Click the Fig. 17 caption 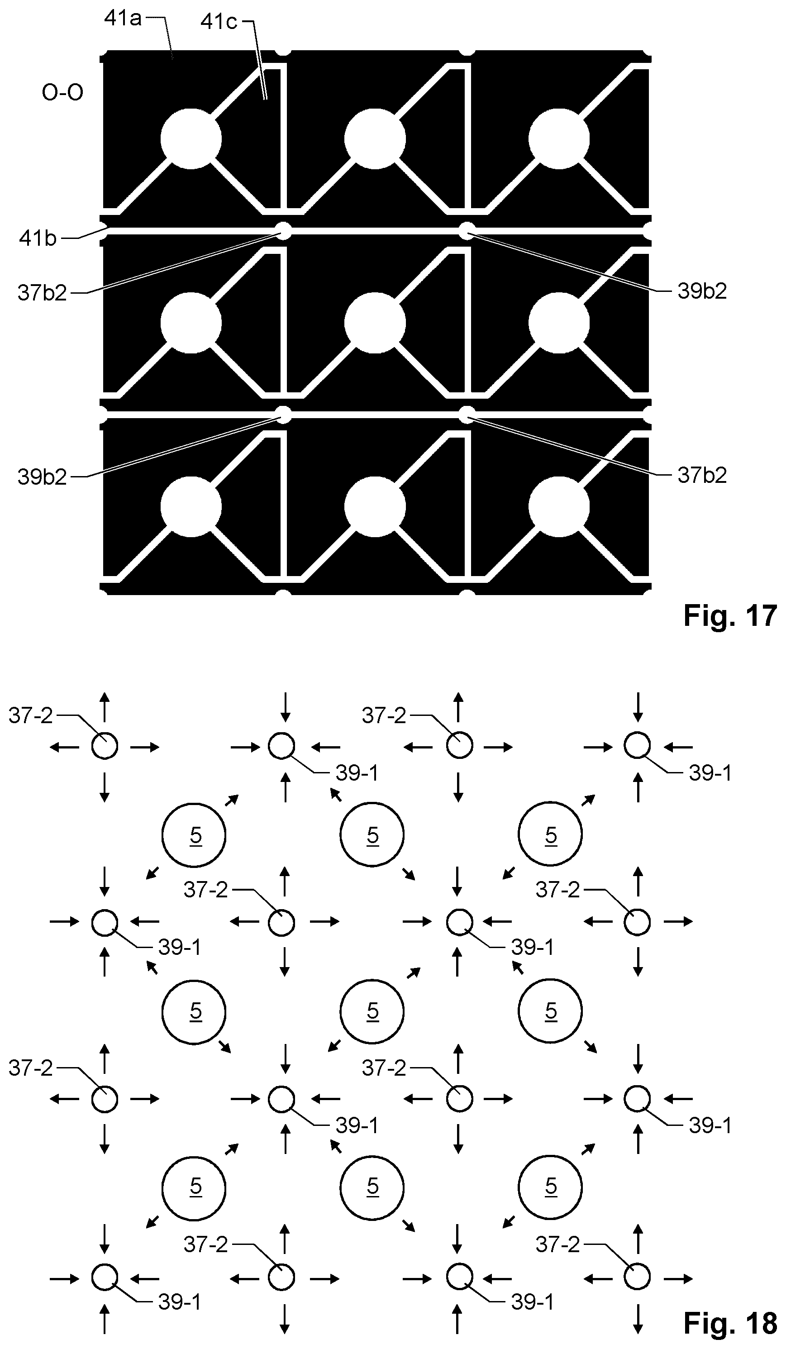click(730, 615)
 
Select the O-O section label click(62, 93)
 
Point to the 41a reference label click(123, 18)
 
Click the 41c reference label click(219, 21)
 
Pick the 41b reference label click(38, 238)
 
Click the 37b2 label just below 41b click(42, 293)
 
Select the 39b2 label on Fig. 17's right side click(702, 291)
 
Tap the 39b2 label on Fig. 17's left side click(42, 477)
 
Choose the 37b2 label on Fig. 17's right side click(702, 475)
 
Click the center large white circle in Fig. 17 click(375, 323)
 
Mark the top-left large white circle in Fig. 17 click(191, 138)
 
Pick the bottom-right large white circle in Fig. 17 click(559, 506)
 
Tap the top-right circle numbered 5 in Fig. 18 click(550, 834)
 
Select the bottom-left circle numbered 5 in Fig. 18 click(194, 1187)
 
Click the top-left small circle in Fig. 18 click(105, 746)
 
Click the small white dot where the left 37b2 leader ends click(283, 231)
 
